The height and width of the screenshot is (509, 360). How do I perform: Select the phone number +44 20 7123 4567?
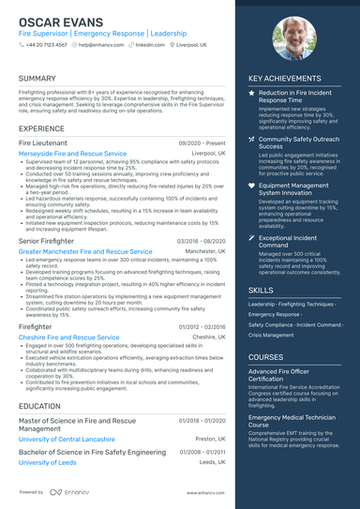pyautogui.click(x=46, y=44)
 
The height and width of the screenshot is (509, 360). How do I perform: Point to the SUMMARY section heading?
pyautogui.click(x=37, y=79)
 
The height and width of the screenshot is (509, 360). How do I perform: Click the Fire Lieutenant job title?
pyautogui.click(x=43, y=142)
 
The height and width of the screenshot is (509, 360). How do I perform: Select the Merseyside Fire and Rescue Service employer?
pyautogui.click(x=72, y=153)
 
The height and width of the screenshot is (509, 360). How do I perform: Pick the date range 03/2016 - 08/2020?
pyautogui.click(x=201, y=241)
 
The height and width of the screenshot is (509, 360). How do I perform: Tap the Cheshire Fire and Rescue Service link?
pyautogui.click(x=68, y=337)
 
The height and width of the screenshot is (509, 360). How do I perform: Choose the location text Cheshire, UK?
pyautogui.click(x=209, y=337)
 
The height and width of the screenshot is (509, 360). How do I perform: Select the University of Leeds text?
pyautogui.click(x=47, y=462)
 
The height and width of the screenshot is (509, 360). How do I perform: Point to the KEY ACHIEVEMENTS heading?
pyautogui.click(x=292, y=79)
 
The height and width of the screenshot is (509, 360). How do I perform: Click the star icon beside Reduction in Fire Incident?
pyautogui.click(x=251, y=94)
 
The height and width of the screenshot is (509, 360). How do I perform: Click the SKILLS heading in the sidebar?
pyautogui.click(x=262, y=291)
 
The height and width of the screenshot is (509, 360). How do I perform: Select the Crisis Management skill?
pyautogui.click(x=271, y=335)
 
